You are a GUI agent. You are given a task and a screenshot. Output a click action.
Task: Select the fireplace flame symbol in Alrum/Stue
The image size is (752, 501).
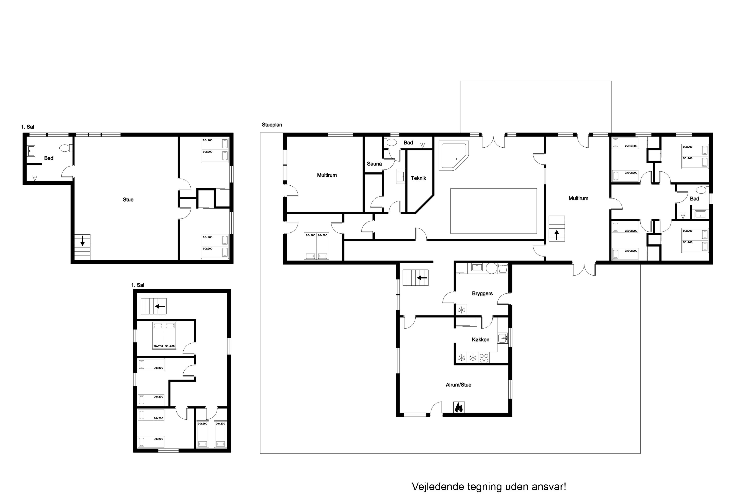point(459,407)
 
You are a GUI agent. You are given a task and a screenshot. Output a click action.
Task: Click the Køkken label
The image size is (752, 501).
point(481,340)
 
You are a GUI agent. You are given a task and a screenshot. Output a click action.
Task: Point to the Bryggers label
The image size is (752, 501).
point(482,294)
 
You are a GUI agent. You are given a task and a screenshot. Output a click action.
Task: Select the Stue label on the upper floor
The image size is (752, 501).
point(128,200)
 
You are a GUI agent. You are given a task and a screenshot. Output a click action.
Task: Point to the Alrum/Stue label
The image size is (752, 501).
point(458,385)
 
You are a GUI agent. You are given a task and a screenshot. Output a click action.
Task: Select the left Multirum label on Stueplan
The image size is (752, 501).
point(327,175)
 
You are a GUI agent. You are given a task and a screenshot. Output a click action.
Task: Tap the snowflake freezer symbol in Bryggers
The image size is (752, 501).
point(461,310)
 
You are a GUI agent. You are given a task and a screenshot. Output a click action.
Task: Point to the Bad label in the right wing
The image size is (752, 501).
point(694,199)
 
